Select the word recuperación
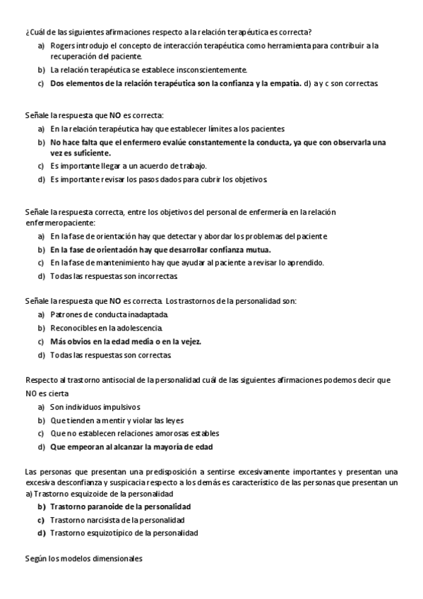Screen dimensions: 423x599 click(x=73, y=56)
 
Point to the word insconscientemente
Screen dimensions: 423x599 click(x=215, y=70)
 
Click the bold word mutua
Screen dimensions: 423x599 click(x=258, y=249)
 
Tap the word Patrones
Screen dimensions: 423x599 click(x=65, y=314)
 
